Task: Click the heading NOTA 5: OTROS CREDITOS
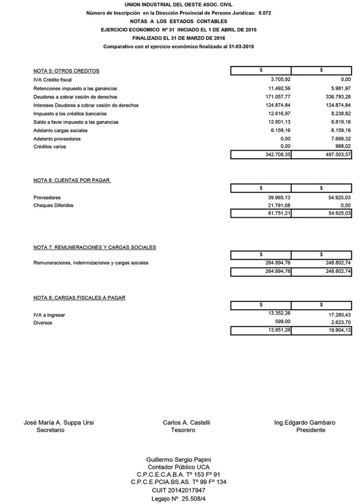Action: click(66, 71)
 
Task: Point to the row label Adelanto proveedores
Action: click(57, 139)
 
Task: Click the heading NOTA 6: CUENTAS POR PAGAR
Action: click(72, 180)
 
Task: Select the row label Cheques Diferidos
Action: click(53, 205)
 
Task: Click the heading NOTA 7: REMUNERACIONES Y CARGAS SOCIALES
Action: click(94, 247)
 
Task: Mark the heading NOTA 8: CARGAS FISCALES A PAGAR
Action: click(79, 297)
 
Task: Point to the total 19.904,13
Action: click(337, 331)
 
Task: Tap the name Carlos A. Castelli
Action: click(186, 423)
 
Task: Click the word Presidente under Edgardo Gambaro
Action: click(311, 430)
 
